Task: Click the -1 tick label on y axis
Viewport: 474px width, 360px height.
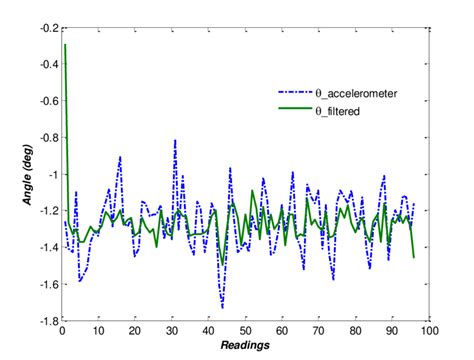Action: pyautogui.click(x=49, y=175)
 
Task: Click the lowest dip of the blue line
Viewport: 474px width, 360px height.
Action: pyautogui.click(x=222, y=308)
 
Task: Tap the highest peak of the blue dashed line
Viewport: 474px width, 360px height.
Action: pyautogui.click(x=175, y=140)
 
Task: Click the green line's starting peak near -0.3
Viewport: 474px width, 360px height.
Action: pyautogui.click(x=65, y=45)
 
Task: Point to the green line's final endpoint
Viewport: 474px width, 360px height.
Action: pyautogui.click(x=413, y=258)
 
